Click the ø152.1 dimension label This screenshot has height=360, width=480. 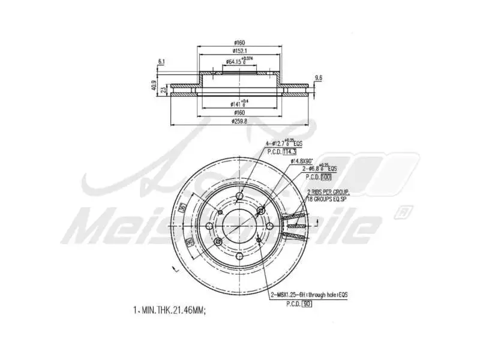[x=240, y=51]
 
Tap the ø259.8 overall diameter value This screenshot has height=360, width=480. [x=240, y=121]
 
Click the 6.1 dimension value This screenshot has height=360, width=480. [x=161, y=62]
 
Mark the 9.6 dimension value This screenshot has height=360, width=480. [x=319, y=77]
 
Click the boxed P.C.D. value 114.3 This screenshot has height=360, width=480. [x=290, y=152]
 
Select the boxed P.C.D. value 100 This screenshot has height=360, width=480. [x=326, y=177]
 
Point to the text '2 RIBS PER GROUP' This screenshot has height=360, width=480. [x=328, y=192]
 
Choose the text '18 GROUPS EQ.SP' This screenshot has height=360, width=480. [x=328, y=198]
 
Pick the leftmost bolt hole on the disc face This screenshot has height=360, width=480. [x=209, y=226]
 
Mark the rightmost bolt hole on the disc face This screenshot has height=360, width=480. [x=271, y=225]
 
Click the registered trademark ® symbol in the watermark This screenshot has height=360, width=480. [x=406, y=211]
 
